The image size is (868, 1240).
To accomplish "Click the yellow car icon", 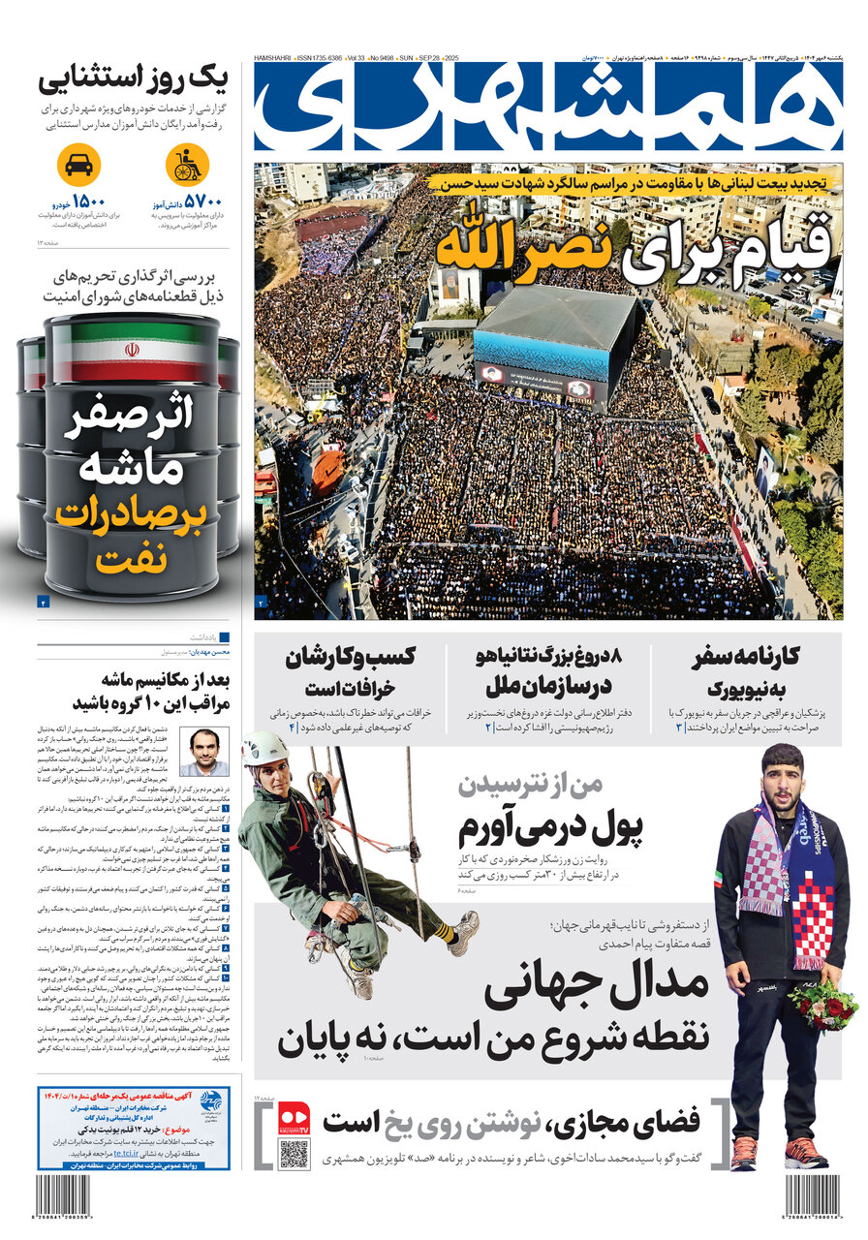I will click(x=78, y=166).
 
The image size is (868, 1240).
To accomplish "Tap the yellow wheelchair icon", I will click(x=186, y=166).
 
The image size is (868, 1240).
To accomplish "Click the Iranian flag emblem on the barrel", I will click(x=132, y=350).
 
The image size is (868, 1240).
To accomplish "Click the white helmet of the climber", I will click(x=264, y=748).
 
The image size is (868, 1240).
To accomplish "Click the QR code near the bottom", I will click(x=293, y=1154).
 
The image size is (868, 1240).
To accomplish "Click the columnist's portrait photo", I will click(x=204, y=752).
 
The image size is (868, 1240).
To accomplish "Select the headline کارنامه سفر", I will click(x=746, y=658).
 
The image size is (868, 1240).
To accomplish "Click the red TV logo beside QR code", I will click(x=294, y=1120).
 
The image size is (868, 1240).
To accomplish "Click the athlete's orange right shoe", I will click(x=743, y=1153).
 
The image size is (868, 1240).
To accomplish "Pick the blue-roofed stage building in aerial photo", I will click(x=555, y=333).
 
